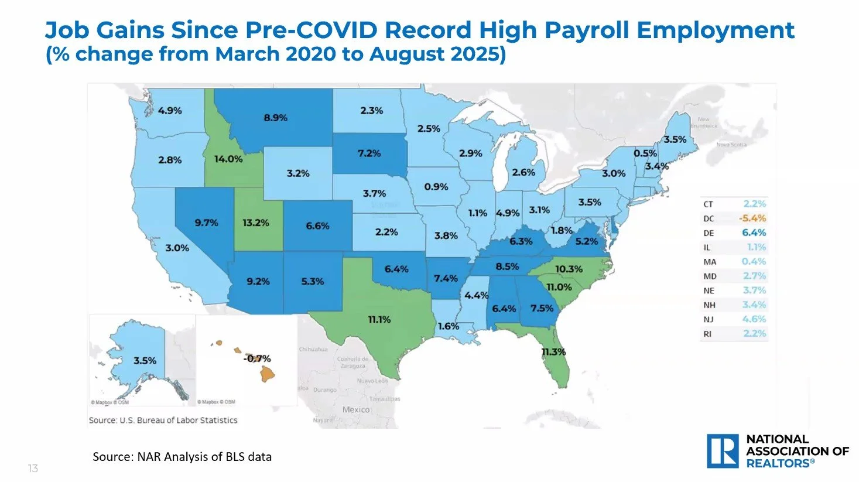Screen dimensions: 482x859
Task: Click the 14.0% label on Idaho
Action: point(228,159)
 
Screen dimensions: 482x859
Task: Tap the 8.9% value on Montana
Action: point(275,118)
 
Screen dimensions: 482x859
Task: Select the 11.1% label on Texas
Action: point(379,320)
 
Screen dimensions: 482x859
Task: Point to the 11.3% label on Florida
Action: point(553,352)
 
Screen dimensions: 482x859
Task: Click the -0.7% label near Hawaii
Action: point(257,358)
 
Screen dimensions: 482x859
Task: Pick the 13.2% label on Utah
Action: point(255,223)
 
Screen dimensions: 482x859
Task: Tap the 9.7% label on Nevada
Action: point(206,223)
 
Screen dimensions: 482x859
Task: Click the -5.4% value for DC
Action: point(752,218)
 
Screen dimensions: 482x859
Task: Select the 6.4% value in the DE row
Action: point(754,233)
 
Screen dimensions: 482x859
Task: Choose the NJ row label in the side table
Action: point(709,319)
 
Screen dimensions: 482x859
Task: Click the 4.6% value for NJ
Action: point(754,319)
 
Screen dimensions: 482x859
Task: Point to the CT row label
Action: point(709,204)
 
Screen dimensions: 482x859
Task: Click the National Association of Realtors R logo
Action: point(723,451)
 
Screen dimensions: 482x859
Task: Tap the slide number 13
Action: point(33,469)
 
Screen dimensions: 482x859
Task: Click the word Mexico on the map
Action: point(356,409)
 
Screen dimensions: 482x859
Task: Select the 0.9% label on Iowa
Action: point(436,187)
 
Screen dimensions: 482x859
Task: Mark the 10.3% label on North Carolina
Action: point(568,269)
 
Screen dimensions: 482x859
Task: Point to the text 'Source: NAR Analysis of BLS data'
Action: point(182,457)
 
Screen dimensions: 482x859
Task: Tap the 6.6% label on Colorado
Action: point(317,225)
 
